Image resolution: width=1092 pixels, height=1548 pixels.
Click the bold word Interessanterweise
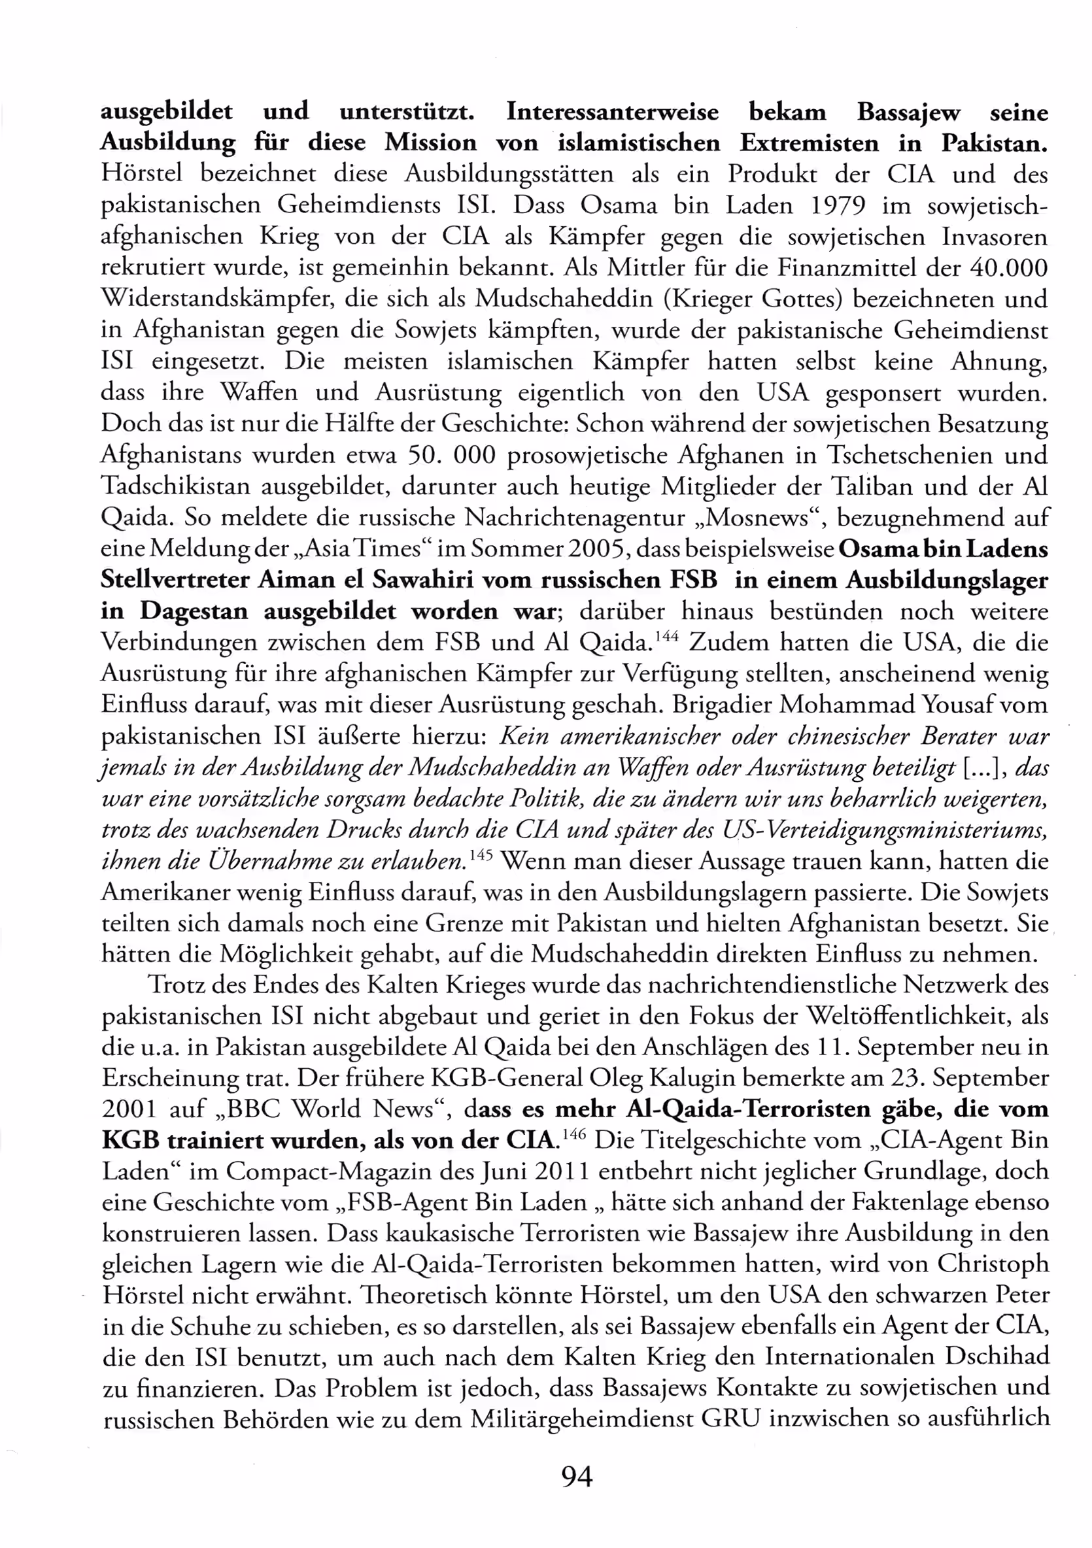[612, 112]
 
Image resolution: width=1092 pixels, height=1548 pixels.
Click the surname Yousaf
[957, 705]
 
